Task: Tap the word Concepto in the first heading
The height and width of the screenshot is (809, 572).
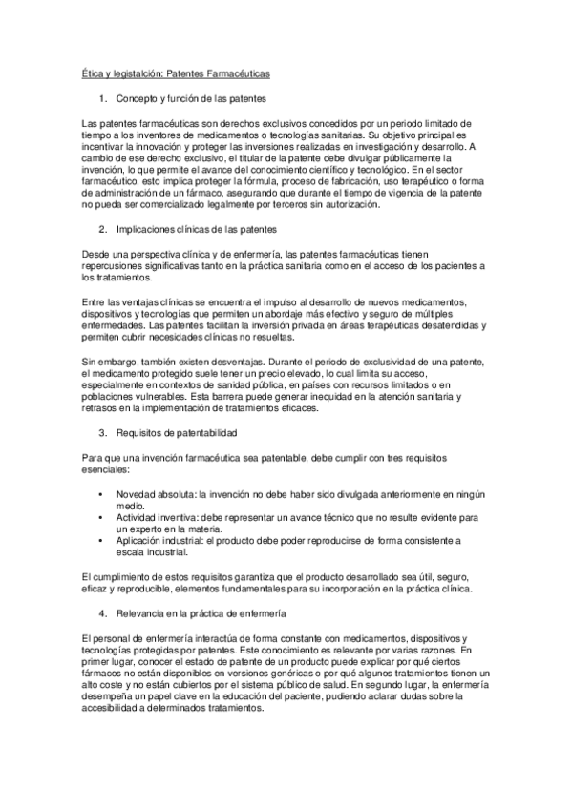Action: (x=136, y=99)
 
